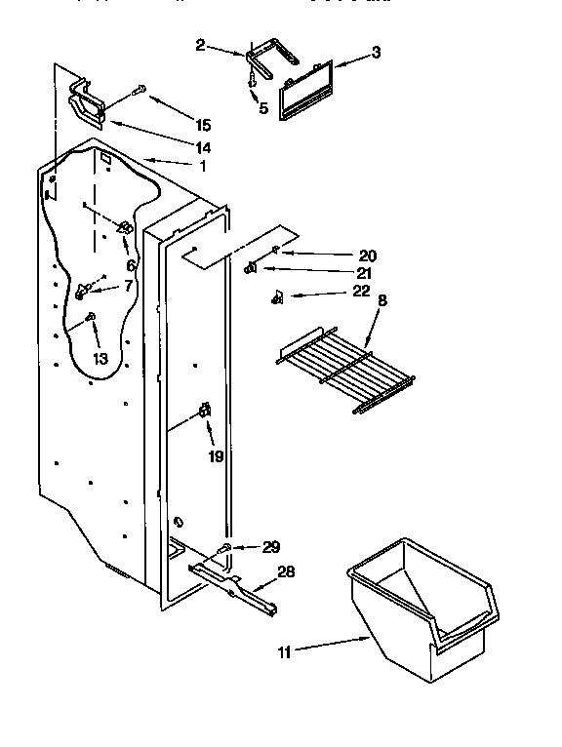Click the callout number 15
click(x=202, y=125)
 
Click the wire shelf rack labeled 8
click(x=332, y=367)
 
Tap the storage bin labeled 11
click(x=420, y=614)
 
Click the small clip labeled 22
click(x=277, y=296)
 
